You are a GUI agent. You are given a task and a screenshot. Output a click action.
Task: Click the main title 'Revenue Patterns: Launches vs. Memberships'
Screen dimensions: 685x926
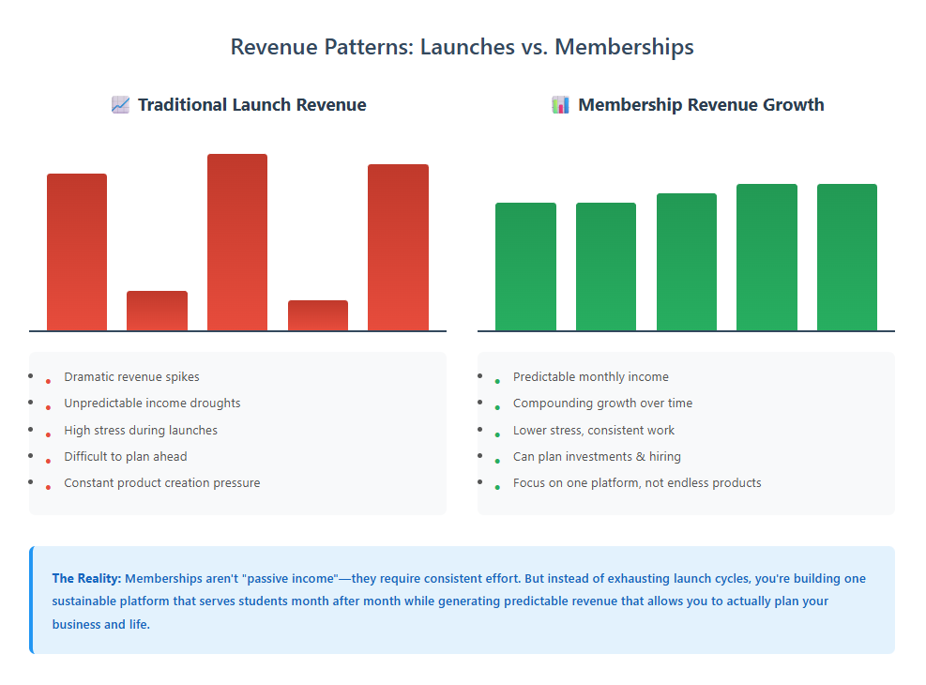[463, 47]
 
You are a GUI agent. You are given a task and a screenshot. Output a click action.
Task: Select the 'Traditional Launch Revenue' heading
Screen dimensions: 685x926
[251, 104]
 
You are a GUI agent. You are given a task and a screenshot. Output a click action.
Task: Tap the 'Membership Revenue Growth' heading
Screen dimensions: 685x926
[701, 104]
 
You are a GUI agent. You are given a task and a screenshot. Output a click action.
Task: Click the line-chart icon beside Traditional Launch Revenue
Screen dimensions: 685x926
[120, 104]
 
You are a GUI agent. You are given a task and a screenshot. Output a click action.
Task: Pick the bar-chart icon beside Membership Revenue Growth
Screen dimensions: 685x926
[560, 104]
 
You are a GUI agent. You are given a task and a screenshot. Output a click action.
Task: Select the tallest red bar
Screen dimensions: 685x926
[237, 242]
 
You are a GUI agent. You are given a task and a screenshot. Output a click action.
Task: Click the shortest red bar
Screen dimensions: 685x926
[318, 315]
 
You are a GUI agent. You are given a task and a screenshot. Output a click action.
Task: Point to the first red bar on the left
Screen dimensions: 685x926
[77, 251]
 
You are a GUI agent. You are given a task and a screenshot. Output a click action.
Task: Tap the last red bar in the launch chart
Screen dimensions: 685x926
[398, 247]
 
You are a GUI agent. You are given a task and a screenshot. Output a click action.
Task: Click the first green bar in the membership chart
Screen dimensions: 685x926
[525, 266]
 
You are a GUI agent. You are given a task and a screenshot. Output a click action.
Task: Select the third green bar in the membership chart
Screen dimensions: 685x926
[687, 262]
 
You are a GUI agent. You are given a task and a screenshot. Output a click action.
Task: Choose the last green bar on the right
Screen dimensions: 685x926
[847, 257]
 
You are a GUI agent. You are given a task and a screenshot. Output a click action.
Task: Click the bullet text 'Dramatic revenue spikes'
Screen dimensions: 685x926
[131, 376]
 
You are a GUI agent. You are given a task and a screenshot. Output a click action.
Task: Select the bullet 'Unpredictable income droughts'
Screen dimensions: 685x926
[152, 403]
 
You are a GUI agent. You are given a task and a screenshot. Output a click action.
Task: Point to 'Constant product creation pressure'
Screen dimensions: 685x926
[161, 482]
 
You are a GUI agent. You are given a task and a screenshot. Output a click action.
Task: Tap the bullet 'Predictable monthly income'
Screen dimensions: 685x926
[590, 376]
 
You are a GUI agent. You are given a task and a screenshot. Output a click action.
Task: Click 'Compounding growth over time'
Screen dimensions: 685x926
[602, 403]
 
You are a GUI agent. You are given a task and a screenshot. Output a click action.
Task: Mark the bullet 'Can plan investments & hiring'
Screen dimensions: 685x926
[597, 456]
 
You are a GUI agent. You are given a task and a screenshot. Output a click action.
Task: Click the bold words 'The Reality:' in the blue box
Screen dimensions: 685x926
[86, 578]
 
